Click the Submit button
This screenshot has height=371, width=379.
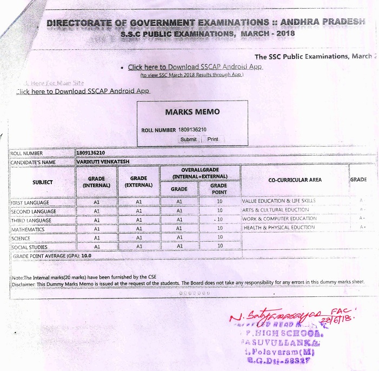tap(188, 139)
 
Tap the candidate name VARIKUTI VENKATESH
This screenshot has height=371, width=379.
tap(105, 161)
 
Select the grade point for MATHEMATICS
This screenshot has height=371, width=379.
tap(220, 229)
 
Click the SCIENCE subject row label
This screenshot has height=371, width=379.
tap(21, 238)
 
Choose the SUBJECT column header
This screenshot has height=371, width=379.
tap(42, 182)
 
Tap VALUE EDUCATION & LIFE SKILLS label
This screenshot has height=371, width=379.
tap(286, 201)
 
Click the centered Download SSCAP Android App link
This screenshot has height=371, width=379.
tap(195, 67)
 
